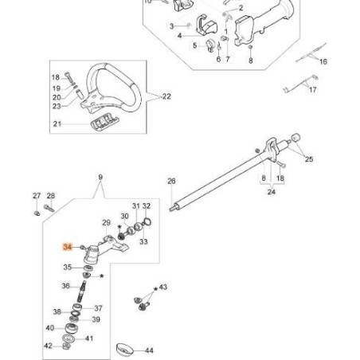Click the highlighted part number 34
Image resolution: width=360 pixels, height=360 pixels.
click(x=68, y=248)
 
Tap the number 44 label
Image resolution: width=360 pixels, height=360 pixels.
click(x=149, y=350)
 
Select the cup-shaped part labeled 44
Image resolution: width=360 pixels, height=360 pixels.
click(x=123, y=349)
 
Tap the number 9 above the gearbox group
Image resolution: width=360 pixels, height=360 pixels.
click(x=100, y=176)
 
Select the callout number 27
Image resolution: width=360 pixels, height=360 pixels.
click(x=37, y=195)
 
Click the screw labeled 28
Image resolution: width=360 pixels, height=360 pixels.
click(x=48, y=209)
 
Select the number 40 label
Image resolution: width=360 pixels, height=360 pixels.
click(x=49, y=328)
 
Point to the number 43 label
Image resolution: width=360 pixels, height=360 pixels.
click(x=163, y=287)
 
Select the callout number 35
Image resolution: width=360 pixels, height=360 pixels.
click(x=68, y=268)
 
